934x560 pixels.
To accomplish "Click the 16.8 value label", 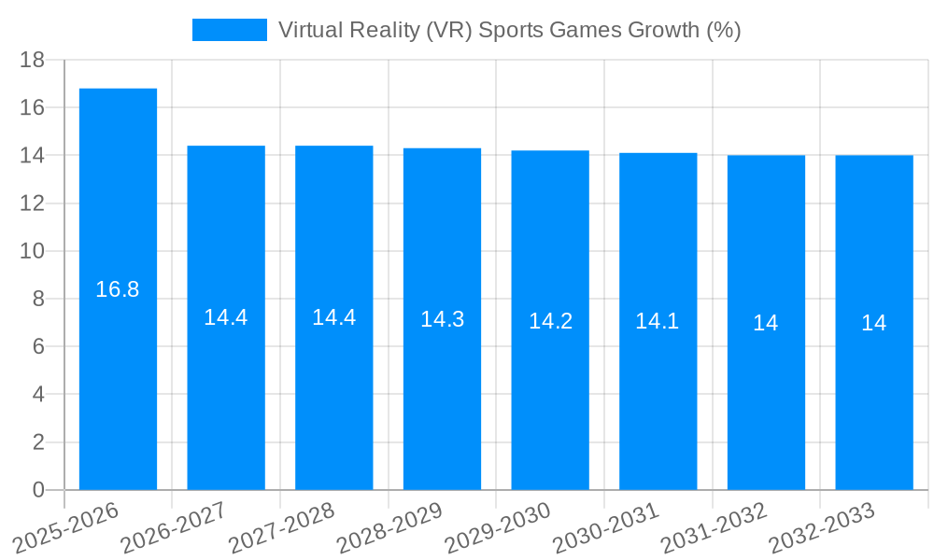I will tap(118, 289).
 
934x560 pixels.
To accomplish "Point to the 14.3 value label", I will tap(442, 319).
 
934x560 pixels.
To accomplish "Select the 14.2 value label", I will tap(550, 321).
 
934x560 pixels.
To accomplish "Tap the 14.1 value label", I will tap(658, 321).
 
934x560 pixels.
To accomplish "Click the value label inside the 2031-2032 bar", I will tap(766, 323).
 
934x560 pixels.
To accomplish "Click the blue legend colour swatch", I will tap(229, 30).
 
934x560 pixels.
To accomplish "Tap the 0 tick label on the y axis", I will tap(38, 490).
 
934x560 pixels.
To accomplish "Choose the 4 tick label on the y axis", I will tap(38, 395).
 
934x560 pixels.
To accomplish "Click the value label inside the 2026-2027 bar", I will tap(226, 317).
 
